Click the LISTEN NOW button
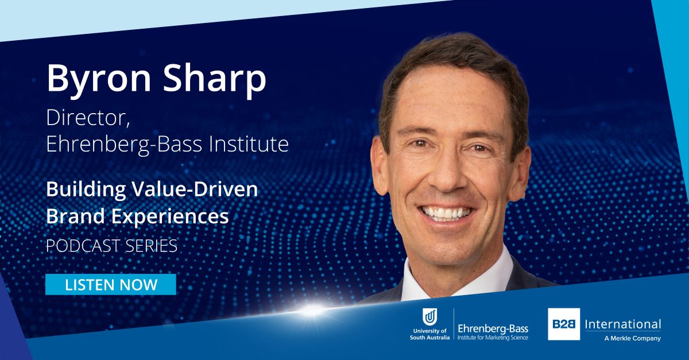click(x=111, y=285)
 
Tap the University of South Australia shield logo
click(x=430, y=318)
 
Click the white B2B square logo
click(x=563, y=324)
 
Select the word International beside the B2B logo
click(x=622, y=324)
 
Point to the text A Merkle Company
click(x=632, y=338)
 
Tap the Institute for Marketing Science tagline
click(x=493, y=338)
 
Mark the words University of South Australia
click(x=429, y=334)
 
